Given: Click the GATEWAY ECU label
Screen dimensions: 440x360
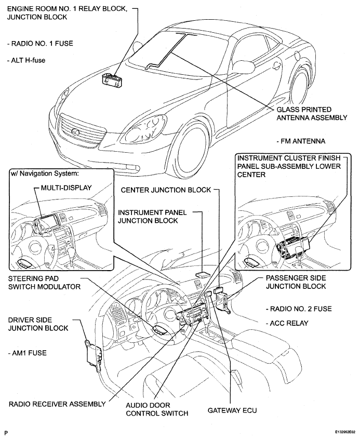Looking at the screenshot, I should (x=232, y=410).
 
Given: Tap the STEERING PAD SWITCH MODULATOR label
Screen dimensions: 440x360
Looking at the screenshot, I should (x=44, y=282).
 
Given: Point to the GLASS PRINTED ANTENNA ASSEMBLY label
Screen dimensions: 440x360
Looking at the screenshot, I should (x=311, y=113).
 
